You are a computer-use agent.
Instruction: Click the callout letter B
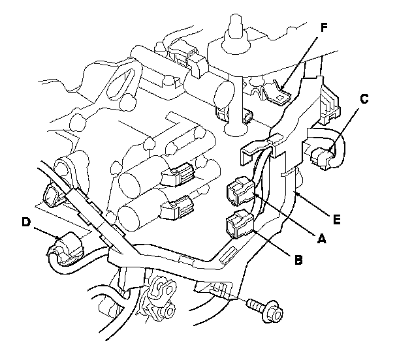[298, 260]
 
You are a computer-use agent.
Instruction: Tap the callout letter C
[364, 99]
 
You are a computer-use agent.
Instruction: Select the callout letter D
[26, 222]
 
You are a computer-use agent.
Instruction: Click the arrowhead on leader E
[298, 194]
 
